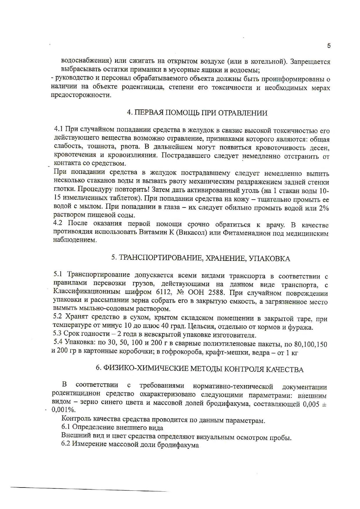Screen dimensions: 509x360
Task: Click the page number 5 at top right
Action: [x=329, y=46]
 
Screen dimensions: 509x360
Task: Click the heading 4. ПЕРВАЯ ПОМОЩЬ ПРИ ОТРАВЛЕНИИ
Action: [x=197, y=113]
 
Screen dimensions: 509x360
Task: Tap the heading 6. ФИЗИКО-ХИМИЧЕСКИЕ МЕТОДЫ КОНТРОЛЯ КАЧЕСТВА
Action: [x=199, y=369]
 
